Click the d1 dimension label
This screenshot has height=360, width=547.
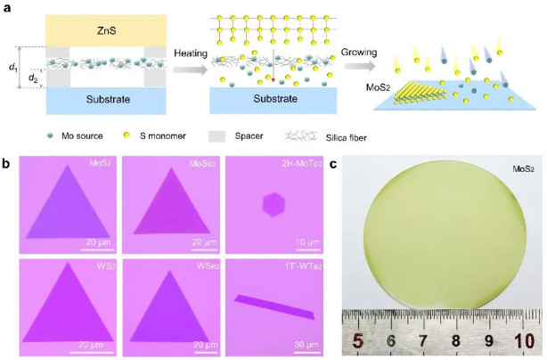click(12, 67)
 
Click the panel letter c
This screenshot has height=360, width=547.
click(332, 164)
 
